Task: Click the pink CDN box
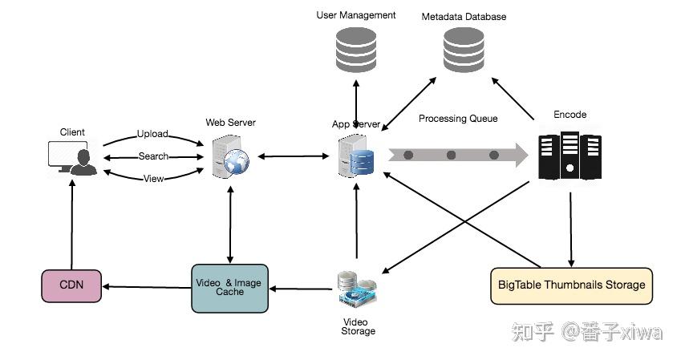[71, 285]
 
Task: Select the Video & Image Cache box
[229, 288]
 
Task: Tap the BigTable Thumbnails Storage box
[571, 285]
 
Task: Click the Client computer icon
[72, 157]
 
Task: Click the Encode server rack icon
[570, 155]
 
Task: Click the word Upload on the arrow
[152, 134]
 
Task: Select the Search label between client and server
[153, 156]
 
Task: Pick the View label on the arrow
[153, 178]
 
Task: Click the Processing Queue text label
[458, 119]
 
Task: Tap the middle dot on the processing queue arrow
[451, 155]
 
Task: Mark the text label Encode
[570, 115]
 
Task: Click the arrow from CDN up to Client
[71, 224]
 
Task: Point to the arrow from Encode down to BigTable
[571, 228]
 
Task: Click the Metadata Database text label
[464, 16]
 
